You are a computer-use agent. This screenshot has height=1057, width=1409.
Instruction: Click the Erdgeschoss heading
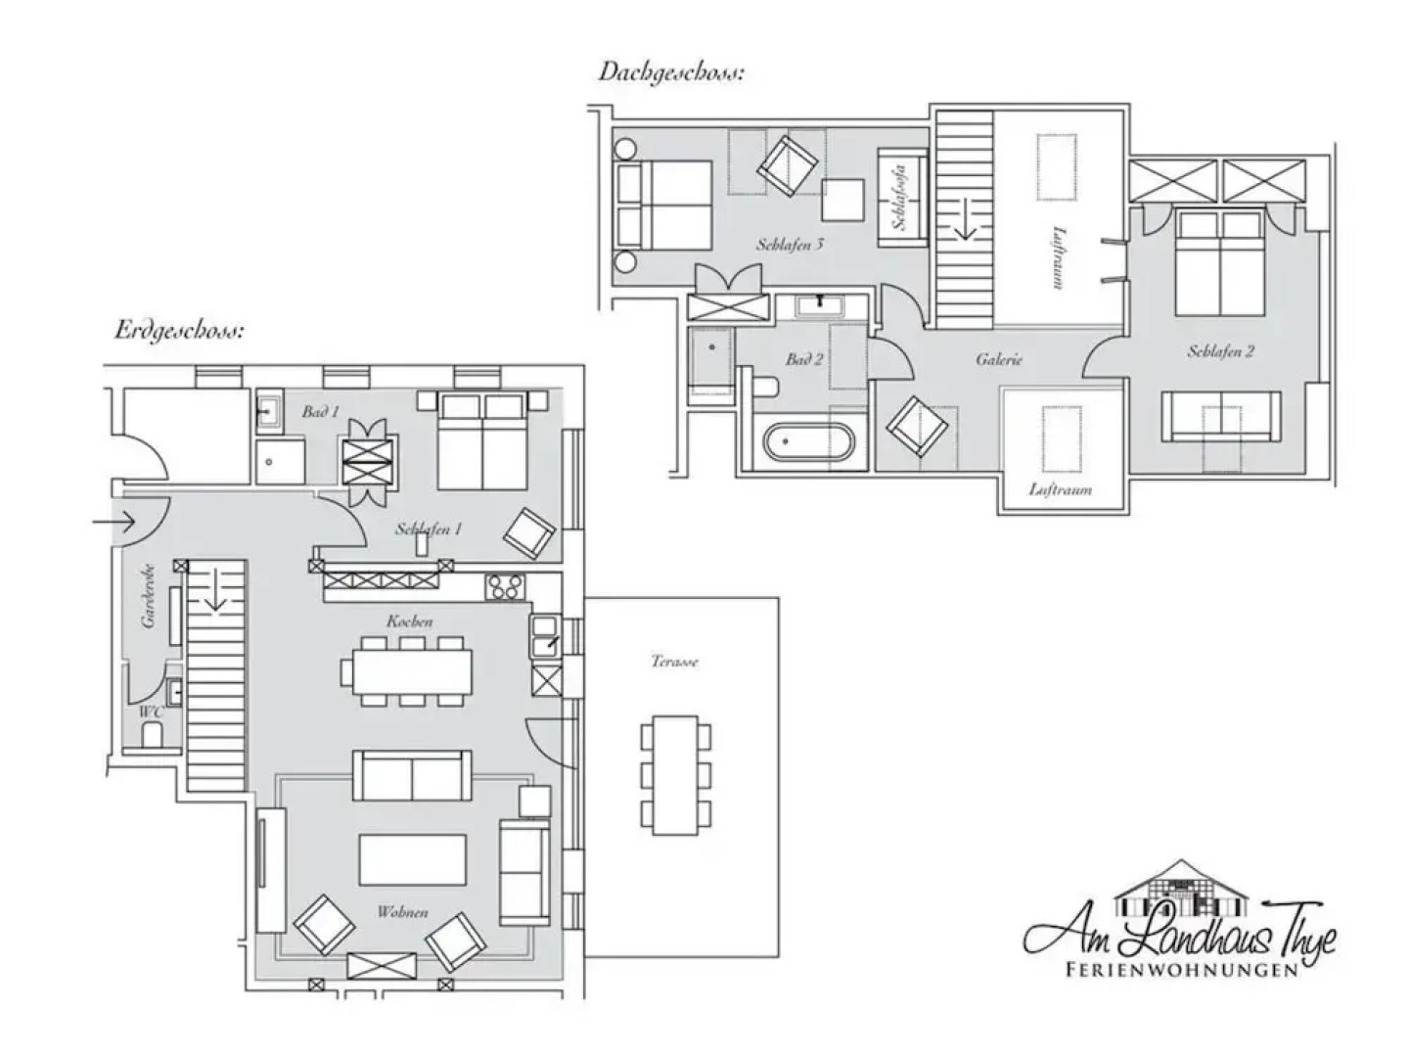[179, 330]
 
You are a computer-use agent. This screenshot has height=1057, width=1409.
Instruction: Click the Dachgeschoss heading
[671, 72]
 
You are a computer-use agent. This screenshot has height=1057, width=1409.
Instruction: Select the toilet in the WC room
[153, 735]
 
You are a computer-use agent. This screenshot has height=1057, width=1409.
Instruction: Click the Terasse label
[674, 662]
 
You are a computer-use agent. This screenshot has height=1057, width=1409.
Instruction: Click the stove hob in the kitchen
[506, 586]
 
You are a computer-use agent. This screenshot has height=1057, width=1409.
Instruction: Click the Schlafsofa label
[900, 197]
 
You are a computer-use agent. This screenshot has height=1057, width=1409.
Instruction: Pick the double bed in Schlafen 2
[1218, 264]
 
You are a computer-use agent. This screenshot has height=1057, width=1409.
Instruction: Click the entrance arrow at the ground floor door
[114, 523]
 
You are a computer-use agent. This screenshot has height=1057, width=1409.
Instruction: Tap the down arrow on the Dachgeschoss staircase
[965, 219]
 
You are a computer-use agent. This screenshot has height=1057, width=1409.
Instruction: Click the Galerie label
[998, 359]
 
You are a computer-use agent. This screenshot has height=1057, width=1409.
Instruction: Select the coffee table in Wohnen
[411, 859]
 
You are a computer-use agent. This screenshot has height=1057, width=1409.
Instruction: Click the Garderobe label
[149, 596]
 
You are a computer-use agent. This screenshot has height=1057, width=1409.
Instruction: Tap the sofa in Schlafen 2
[1220, 416]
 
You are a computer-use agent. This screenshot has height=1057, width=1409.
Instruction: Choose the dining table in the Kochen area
[406, 670]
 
